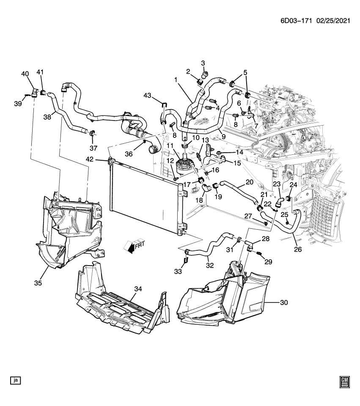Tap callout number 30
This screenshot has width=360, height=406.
point(283,302)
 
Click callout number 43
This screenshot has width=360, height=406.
point(147,96)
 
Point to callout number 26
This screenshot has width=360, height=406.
point(298,250)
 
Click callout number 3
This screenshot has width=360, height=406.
point(203,63)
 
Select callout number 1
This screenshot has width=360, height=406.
point(175,79)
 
